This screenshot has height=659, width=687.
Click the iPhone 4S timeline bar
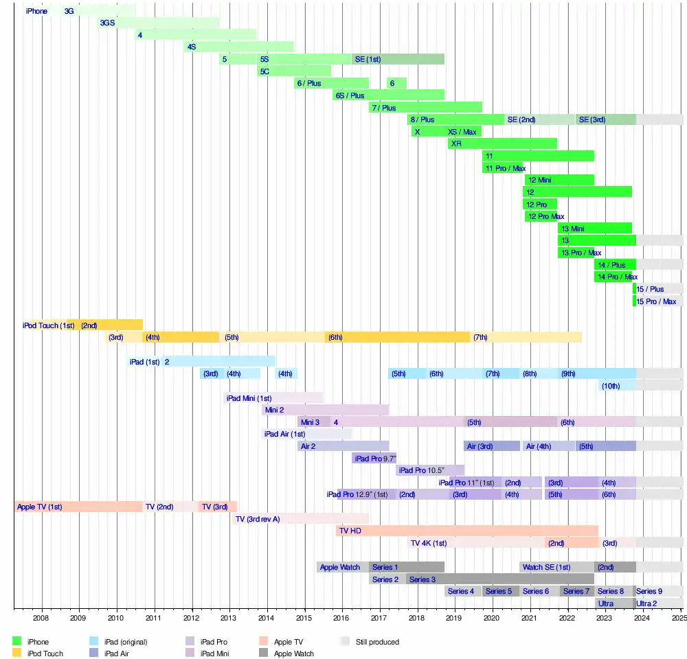click(x=239, y=47)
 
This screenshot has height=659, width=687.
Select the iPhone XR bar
click(x=502, y=143)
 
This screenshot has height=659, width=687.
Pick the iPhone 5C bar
click(x=294, y=71)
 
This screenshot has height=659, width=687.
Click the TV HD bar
click(x=467, y=531)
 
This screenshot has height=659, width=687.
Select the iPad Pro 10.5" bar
click(x=430, y=470)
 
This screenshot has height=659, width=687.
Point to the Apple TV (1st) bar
click(x=78, y=507)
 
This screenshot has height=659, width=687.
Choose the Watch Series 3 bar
click(x=499, y=579)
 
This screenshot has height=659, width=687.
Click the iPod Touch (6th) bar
click(x=397, y=337)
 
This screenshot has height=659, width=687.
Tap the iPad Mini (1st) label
click(x=249, y=398)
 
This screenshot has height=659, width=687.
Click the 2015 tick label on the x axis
click(x=304, y=618)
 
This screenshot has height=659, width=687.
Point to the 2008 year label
click(x=41, y=618)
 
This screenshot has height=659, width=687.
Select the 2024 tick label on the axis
click(x=642, y=618)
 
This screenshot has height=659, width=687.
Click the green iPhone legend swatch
click(x=17, y=642)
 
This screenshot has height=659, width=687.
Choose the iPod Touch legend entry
click(x=45, y=654)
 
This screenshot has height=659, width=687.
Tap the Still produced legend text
click(x=377, y=642)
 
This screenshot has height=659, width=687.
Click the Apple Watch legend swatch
click(x=263, y=654)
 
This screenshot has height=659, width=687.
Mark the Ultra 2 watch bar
click(x=658, y=603)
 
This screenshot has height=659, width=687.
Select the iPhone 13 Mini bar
click(x=594, y=229)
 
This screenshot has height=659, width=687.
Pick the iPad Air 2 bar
click(x=343, y=446)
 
